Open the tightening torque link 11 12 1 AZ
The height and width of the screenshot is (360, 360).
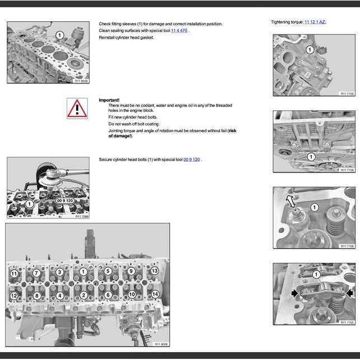pyautogui.click(x=315, y=22)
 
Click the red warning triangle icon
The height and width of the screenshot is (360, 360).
pyautogui.click(x=77, y=107)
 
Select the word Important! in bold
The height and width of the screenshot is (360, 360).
pyautogui.click(x=109, y=100)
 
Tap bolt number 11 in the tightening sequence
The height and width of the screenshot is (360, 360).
pyautogui.click(x=14, y=274)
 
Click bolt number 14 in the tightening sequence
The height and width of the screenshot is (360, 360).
pyautogui.click(x=155, y=294)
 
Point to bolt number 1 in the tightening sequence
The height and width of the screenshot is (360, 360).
pyautogui.click(x=83, y=272)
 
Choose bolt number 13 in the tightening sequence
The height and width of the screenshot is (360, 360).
pyautogui.click(x=155, y=271)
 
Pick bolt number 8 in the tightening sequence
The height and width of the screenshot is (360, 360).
pyautogui.click(x=36, y=295)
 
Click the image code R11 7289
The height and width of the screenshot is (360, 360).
pyautogui.click(x=81, y=216)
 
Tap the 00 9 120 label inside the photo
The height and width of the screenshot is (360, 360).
pyautogui.click(x=66, y=200)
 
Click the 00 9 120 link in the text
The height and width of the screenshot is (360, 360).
pyautogui.click(x=191, y=160)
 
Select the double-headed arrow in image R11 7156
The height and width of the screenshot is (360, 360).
pyautogui.click(x=290, y=200)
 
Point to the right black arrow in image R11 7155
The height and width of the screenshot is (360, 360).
pyautogui.click(x=349, y=293)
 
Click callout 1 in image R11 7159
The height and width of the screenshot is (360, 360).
pyautogui.click(x=310, y=50)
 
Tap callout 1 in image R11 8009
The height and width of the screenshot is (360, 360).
pyautogui.click(x=60, y=35)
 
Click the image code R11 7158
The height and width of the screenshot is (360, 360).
pyautogui.click(x=347, y=170)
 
